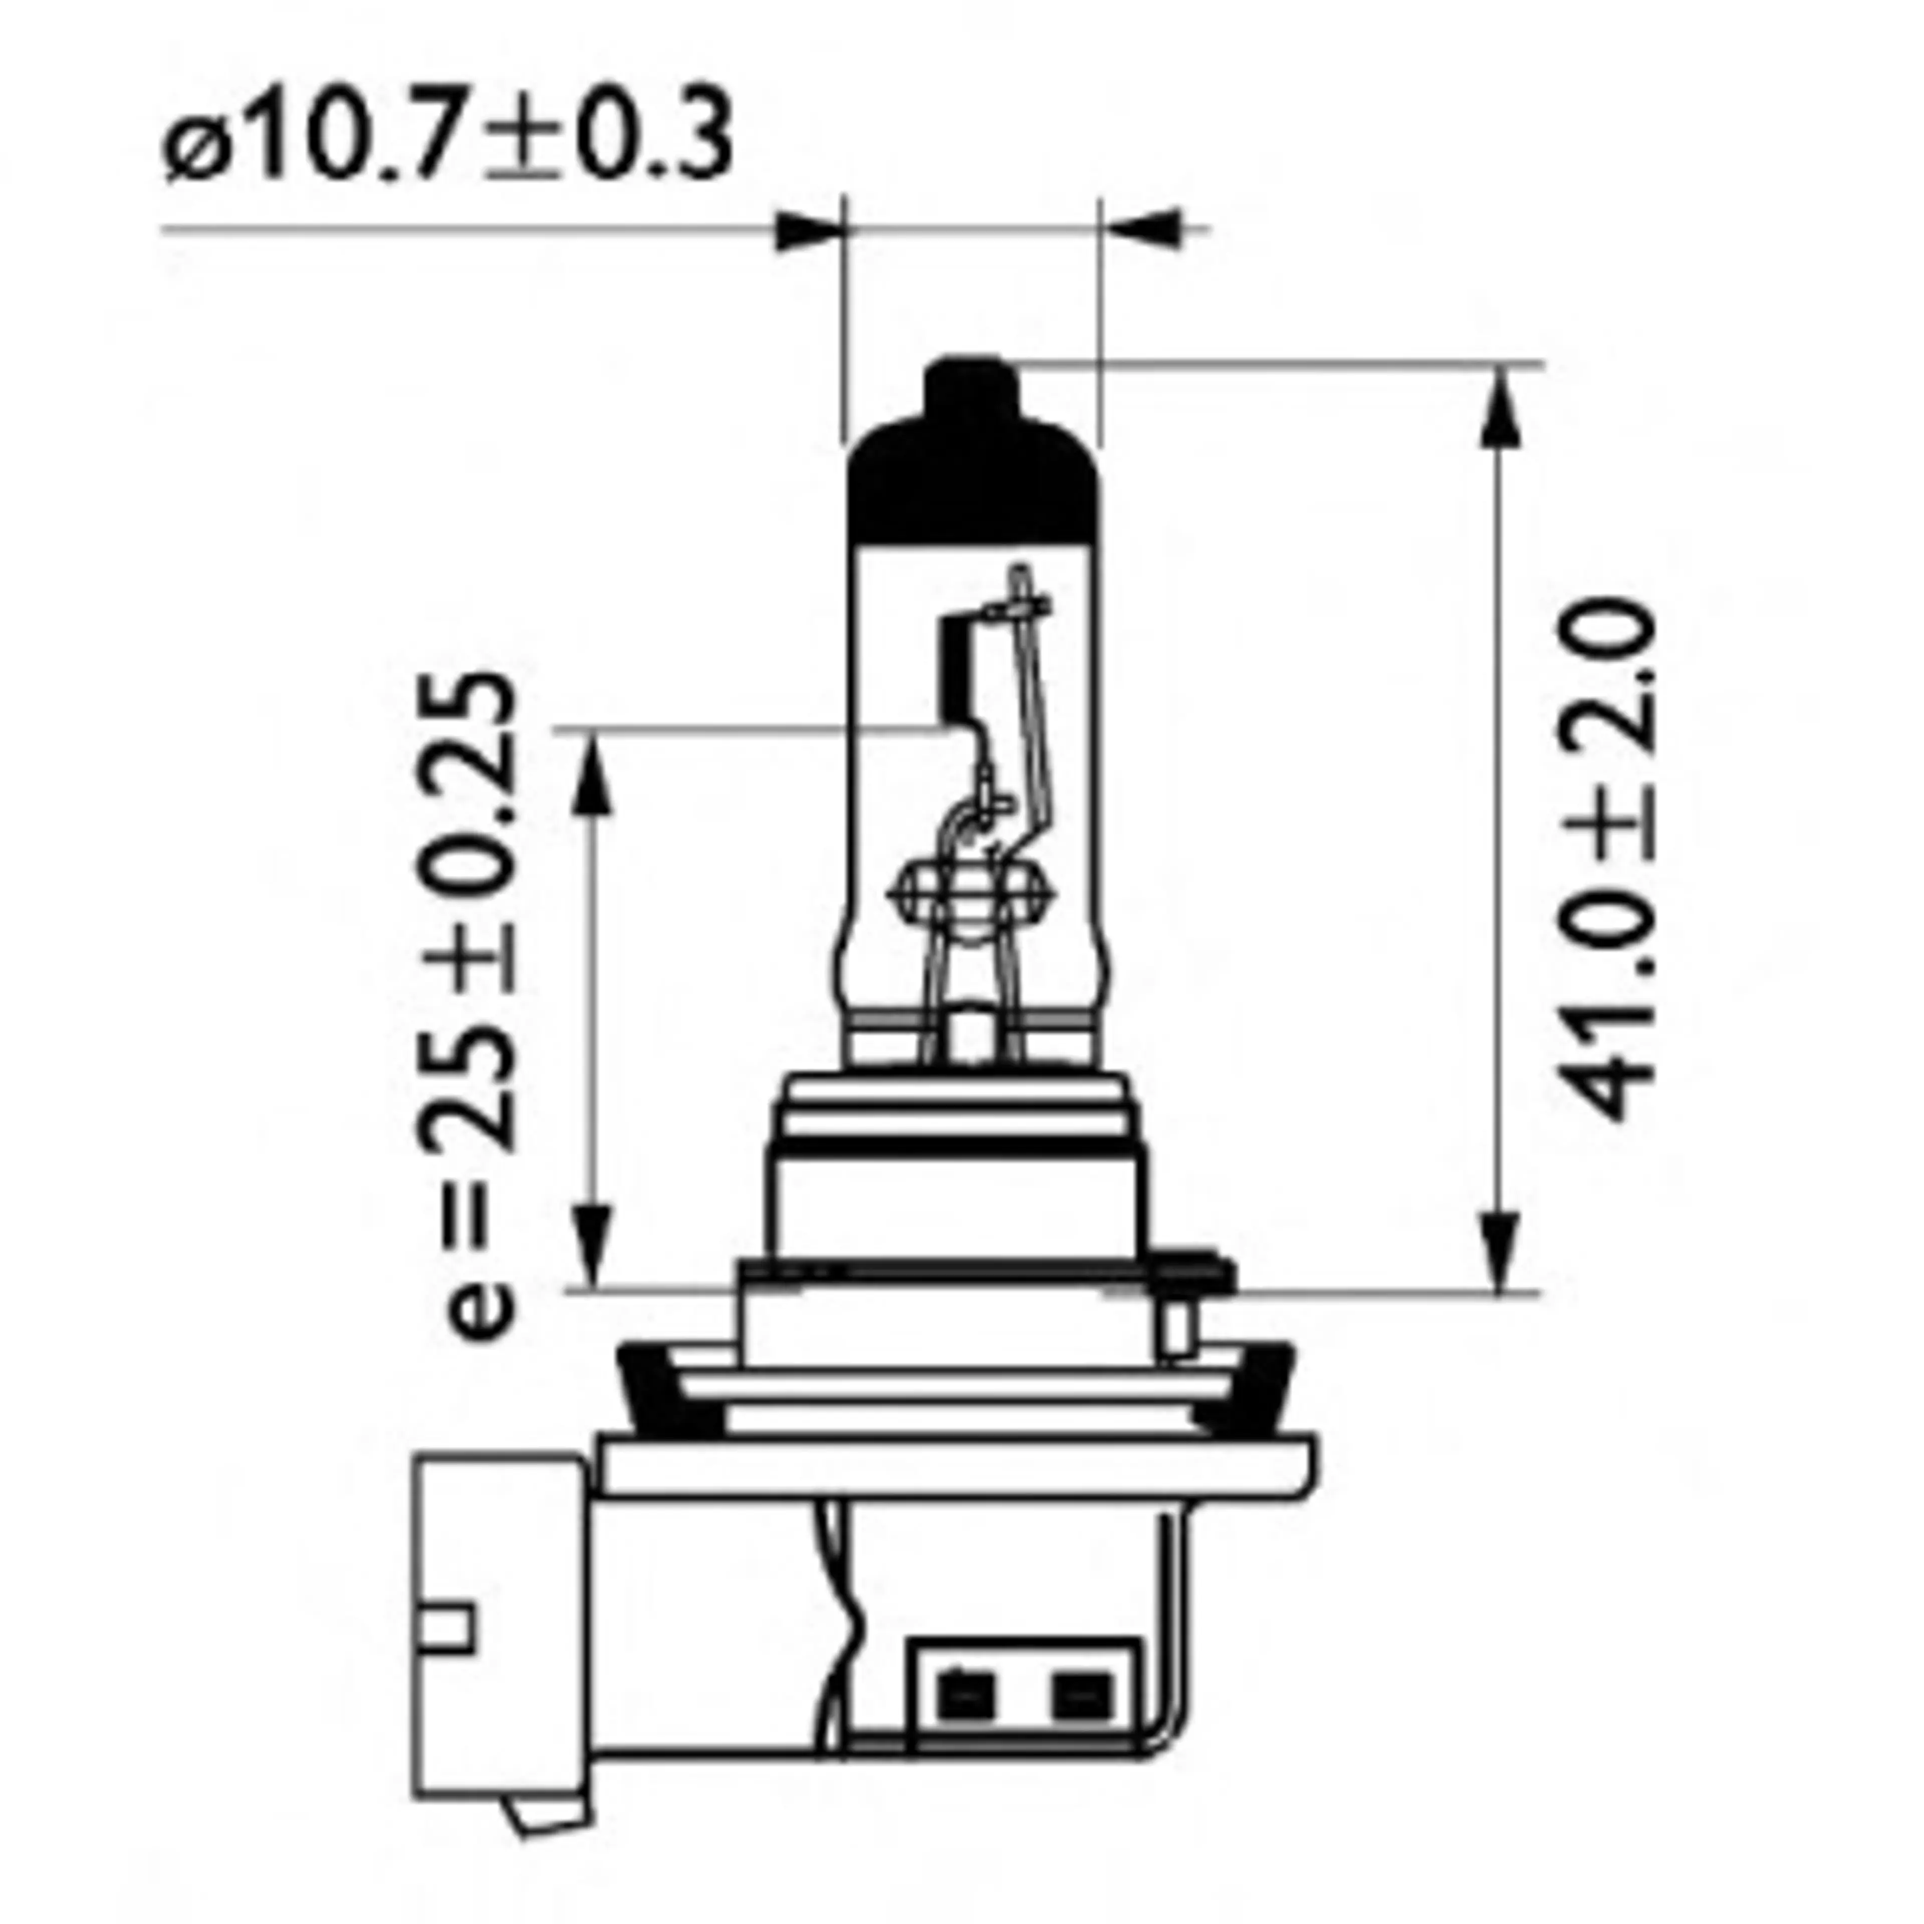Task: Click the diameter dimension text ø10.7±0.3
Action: [448, 139]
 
